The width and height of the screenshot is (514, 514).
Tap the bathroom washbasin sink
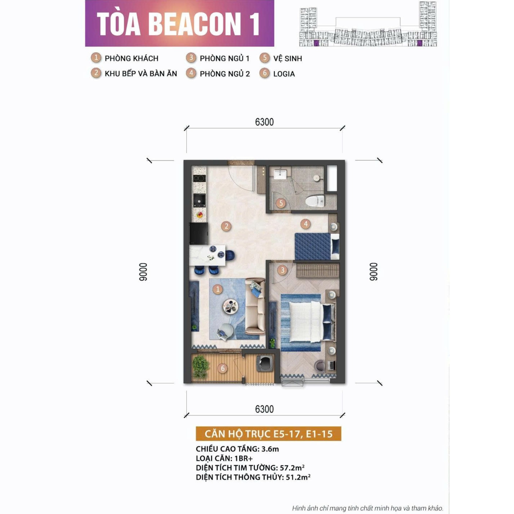click(x=280, y=174)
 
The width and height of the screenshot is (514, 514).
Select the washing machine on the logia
click(x=265, y=364)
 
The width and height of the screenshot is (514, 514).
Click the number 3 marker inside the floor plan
click(x=283, y=270)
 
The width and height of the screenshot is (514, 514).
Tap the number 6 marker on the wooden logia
click(x=223, y=368)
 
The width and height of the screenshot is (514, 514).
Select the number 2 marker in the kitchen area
click(x=226, y=226)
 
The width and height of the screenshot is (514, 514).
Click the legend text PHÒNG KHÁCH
click(x=131, y=58)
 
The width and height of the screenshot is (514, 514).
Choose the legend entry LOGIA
click(x=284, y=74)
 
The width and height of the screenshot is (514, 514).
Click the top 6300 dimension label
click(x=264, y=122)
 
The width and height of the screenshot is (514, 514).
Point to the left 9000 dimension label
click(x=143, y=272)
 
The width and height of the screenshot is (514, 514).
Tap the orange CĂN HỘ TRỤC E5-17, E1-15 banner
click(x=268, y=434)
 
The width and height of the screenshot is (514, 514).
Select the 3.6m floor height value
click(x=270, y=449)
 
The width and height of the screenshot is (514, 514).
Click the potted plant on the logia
click(x=201, y=366)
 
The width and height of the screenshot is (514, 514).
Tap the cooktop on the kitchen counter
click(x=199, y=178)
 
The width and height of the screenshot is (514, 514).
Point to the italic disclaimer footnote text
click(x=367, y=508)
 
